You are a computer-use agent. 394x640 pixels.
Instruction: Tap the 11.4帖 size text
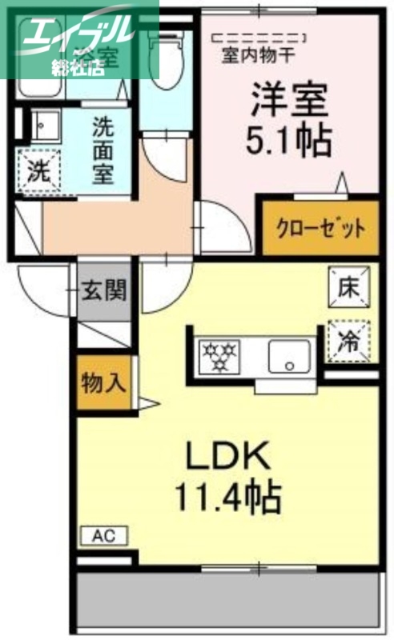[228, 498]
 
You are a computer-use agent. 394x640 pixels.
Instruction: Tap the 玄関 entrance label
[104, 290]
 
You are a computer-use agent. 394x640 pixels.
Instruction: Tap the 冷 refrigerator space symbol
[349, 339]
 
